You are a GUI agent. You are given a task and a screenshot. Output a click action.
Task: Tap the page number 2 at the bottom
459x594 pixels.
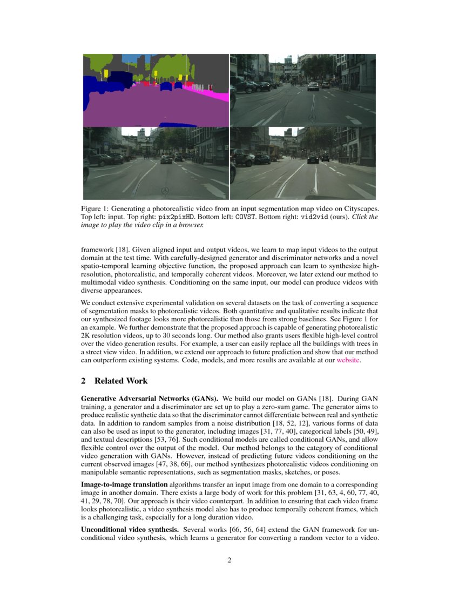click(230, 560)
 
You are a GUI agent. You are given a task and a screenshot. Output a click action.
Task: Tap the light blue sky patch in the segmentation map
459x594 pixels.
click(130, 58)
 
